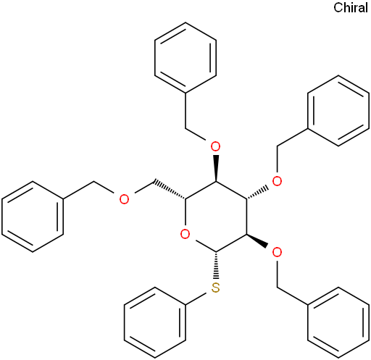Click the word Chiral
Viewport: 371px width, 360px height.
click(x=351, y=7)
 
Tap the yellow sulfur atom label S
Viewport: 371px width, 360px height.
click(x=215, y=288)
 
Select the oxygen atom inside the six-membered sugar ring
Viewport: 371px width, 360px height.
click(x=185, y=234)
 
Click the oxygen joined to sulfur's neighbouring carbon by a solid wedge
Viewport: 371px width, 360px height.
click(x=277, y=252)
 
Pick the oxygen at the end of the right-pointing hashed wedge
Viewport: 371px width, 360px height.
click(x=277, y=181)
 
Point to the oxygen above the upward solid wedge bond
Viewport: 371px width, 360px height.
click(x=215, y=146)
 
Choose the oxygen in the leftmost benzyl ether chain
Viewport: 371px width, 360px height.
click(x=124, y=199)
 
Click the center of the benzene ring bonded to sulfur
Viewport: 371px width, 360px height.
click(x=155, y=322)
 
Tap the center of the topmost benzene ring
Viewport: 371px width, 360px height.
click(x=185, y=57)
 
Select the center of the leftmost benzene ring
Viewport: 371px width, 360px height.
click(x=33, y=217)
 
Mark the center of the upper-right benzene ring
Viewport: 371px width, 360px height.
click(x=338, y=111)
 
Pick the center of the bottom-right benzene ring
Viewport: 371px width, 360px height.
click(x=338, y=322)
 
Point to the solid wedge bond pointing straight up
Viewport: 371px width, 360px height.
click(x=216, y=168)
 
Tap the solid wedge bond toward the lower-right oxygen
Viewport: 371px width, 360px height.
click(x=257, y=240)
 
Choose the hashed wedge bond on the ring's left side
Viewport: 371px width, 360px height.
click(x=170, y=190)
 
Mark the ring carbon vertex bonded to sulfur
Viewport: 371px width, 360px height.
click(x=216, y=252)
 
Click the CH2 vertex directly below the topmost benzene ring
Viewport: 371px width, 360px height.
click(x=185, y=128)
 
